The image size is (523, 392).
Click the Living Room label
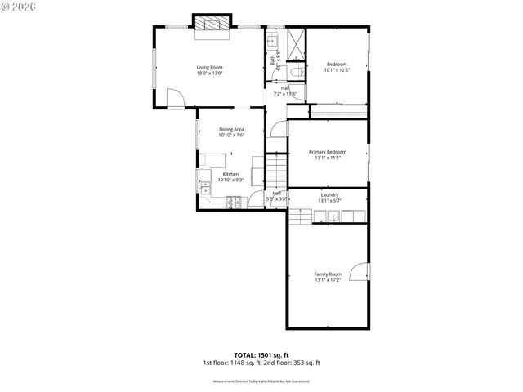pyautogui.click(x=209, y=67)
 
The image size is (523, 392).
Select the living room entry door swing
pyautogui.click(x=175, y=98)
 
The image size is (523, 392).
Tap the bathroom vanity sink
pyautogui.click(x=272, y=40)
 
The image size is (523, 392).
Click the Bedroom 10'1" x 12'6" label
pyautogui.click(x=337, y=65)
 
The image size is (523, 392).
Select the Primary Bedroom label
pyautogui.click(x=327, y=152)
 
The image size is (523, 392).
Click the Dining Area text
pyautogui.click(x=231, y=129)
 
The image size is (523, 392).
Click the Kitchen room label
pyautogui.click(x=230, y=174)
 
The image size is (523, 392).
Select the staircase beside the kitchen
pyautogui.click(x=277, y=172)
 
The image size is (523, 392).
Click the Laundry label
pyautogui.click(x=329, y=194)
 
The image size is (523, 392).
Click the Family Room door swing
pyautogui.click(x=359, y=271)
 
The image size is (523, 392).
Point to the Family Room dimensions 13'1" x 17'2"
pyautogui.click(x=327, y=280)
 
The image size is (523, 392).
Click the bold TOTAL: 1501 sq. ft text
pyautogui.click(x=261, y=355)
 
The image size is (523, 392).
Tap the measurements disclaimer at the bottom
pyautogui.click(x=261, y=381)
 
